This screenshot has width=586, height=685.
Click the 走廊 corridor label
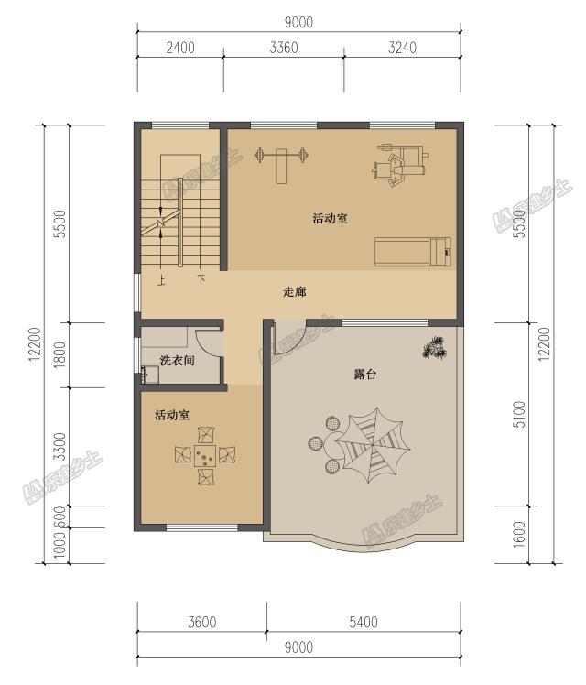point(295,291)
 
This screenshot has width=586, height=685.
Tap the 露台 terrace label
point(364,374)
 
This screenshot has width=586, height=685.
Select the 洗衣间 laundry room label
point(177,361)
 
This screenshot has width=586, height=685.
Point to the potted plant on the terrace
point(435,347)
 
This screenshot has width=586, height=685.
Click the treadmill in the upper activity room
point(413,251)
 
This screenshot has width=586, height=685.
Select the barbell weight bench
point(282,162)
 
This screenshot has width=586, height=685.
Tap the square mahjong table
point(205,456)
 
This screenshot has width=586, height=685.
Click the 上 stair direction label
point(161,279)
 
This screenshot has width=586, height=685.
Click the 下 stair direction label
point(201,279)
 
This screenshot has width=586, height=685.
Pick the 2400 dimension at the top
point(180,48)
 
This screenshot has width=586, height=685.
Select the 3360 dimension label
point(284,48)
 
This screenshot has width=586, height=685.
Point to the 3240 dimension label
point(402,48)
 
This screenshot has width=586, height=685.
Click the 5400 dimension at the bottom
point(364,622)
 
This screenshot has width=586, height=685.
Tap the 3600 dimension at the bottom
point(202,622)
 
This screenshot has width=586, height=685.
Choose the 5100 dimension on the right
point(519,414)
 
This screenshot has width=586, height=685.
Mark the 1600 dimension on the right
point(519,534)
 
